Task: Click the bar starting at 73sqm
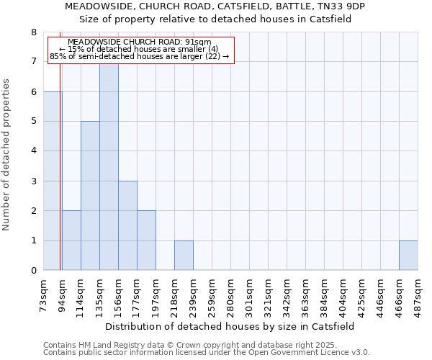coord(53,181)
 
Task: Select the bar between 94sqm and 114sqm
coord(71,240)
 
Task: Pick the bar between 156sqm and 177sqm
coord(127,225)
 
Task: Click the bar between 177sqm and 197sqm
coord(146,240)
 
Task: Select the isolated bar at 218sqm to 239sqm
coord(184,256)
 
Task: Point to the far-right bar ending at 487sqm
coord(408,256)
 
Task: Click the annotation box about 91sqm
coord(141,50)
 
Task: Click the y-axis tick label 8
coord(33,32)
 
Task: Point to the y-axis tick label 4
coord(33,151)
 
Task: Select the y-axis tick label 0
coord(33,271)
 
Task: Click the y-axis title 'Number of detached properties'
coord(6,155)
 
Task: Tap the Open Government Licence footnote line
coord(207,353)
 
